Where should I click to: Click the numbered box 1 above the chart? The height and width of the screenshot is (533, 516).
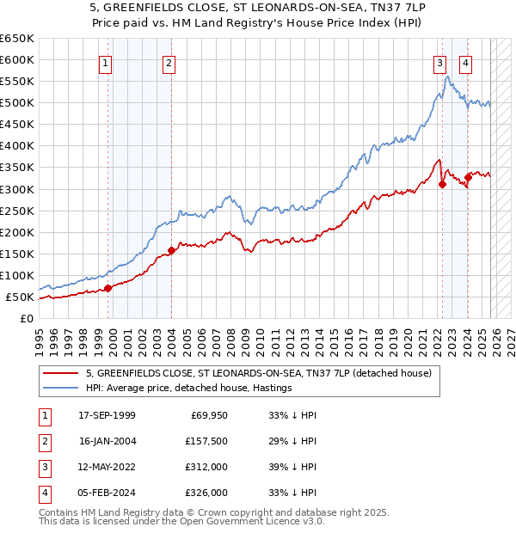(x=105, y=63)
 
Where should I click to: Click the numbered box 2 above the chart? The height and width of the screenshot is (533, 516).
(x=169, y=63)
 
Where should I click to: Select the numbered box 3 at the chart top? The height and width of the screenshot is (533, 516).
(x=439, y=63)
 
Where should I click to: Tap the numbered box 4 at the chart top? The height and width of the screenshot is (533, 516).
(x=465, y=63)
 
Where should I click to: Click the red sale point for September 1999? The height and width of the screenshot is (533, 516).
(x=108, y=288)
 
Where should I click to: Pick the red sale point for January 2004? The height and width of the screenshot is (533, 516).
(x=171, y=250)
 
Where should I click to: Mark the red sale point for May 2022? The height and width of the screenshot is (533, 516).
(x=442, y=183)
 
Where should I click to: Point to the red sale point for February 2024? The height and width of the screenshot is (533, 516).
(x=468, y=177)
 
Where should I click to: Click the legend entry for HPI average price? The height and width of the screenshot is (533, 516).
(x=188, y=389)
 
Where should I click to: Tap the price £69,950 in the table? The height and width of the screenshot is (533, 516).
(x=205, y=415)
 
